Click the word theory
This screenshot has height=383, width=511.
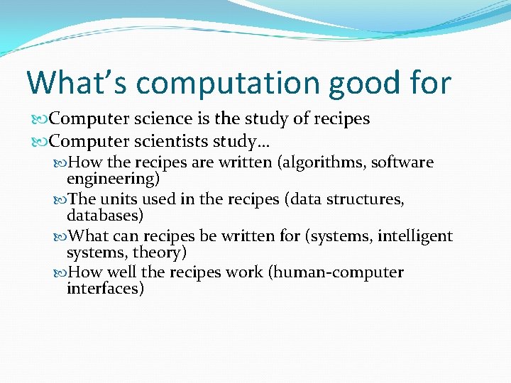[x=165, y=252]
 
